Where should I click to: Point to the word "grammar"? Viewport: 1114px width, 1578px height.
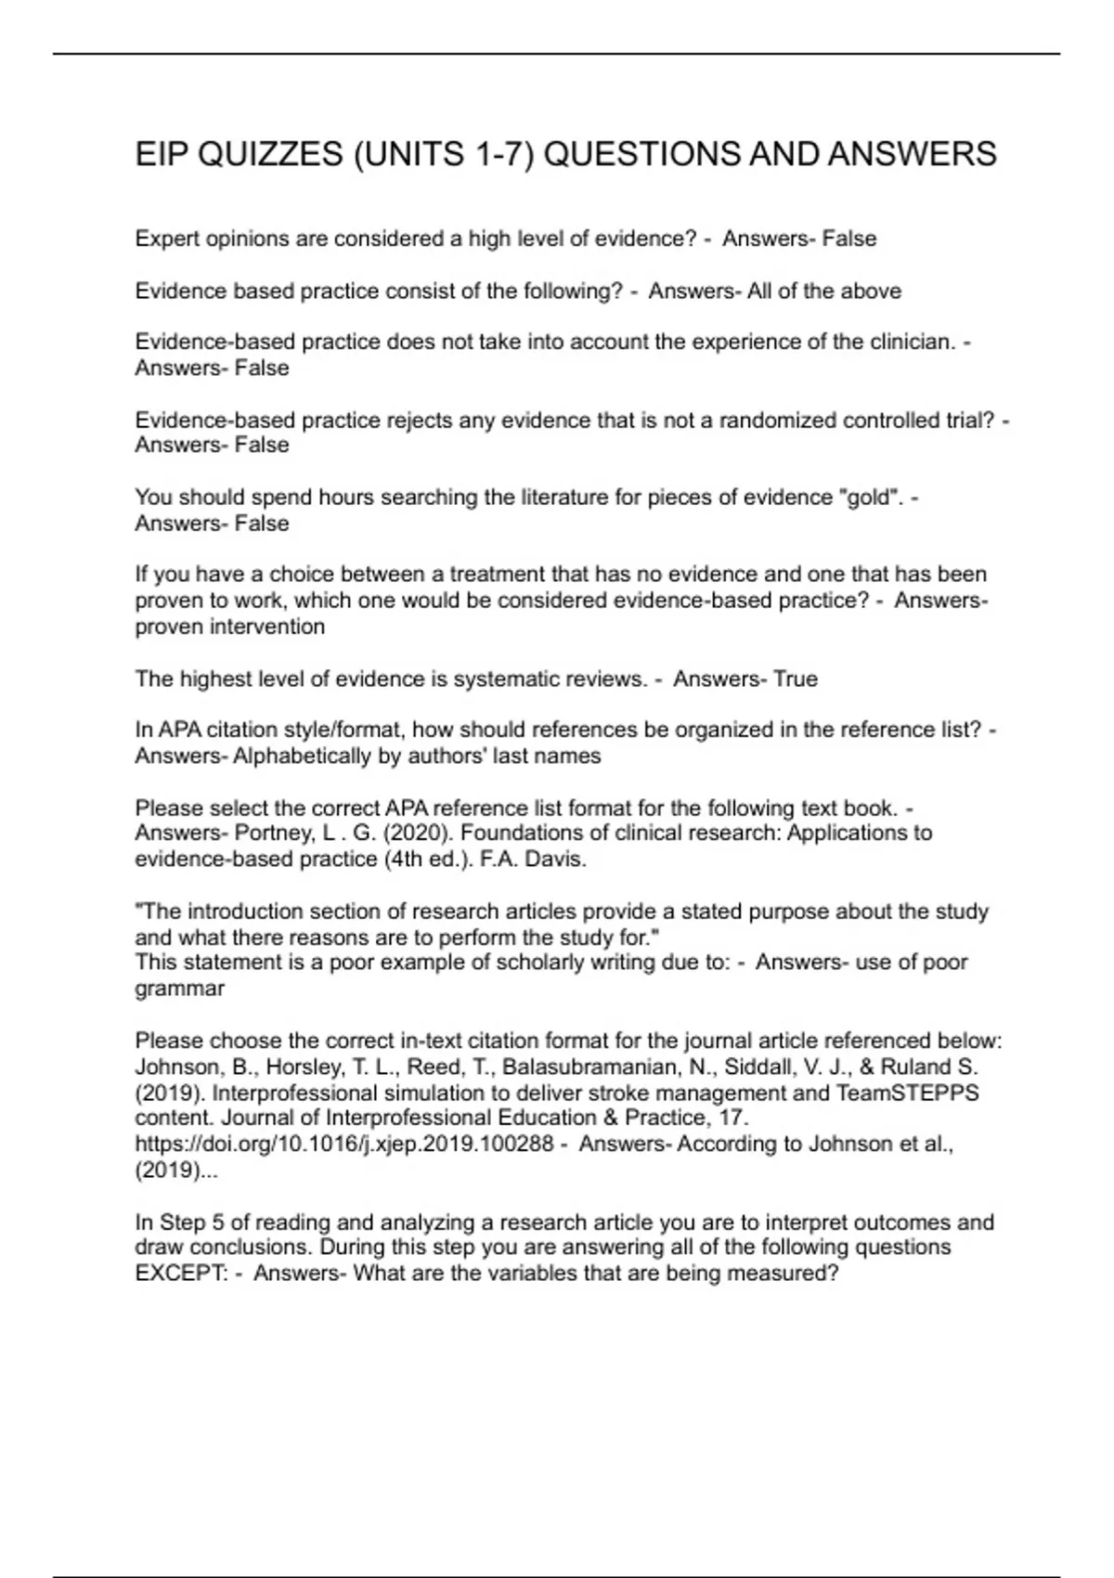tap(179, 989)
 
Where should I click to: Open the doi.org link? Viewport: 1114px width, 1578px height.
tap(343, 1145)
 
